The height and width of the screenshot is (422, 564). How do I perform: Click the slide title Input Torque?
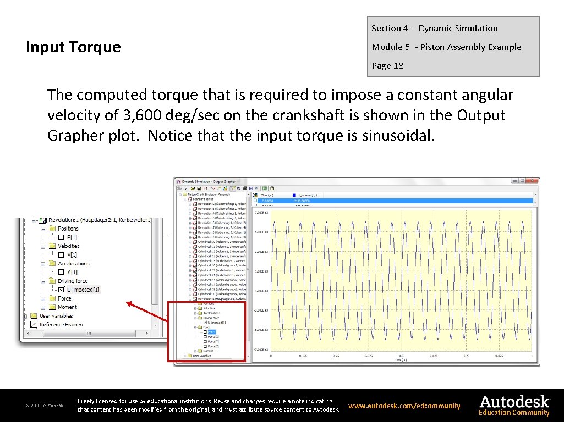click(73, 47)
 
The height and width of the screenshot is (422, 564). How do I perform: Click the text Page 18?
click(387, 66)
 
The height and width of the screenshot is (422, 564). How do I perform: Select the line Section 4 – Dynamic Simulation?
click(434, 29)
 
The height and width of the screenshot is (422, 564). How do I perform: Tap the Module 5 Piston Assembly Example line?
click(446, 47)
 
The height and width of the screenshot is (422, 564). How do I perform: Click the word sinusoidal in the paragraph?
click(398, 136)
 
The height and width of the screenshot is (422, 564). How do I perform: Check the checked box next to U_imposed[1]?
click(61, 290)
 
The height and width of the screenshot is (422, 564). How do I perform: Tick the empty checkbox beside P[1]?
click(61, 237)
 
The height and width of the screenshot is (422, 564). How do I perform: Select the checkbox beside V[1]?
click(61, 254)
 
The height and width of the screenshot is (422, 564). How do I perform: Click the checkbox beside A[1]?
click(61, 272)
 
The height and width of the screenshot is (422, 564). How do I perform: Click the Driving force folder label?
click(73, 281)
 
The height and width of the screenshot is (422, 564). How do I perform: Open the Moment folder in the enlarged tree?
click(67, 307)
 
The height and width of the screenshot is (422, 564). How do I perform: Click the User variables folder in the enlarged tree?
click(56, 316)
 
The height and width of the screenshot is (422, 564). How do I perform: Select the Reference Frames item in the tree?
click(61, 325)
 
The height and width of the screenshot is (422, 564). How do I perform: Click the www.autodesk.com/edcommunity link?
click(404, 406)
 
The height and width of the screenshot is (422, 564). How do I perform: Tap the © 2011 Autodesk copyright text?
click(45, 406)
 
